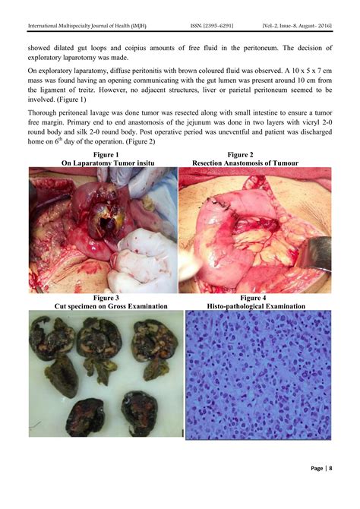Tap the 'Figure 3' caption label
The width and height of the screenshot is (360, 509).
(x=102, y=299)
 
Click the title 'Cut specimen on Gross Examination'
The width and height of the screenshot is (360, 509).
(x=102, y=307)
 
